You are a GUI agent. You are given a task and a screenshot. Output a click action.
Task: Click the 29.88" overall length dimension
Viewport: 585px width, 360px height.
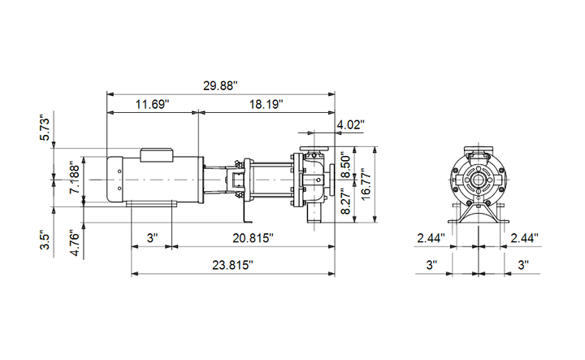(220, 85)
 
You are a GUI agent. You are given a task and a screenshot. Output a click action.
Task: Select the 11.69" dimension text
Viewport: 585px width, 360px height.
(152, 104)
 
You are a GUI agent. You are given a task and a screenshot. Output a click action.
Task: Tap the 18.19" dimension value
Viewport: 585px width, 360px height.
(266, 104)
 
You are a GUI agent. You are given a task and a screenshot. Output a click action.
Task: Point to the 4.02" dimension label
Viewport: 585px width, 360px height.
(351, 124)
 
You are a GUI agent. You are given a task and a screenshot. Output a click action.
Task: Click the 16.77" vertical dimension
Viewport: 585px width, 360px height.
(366, 184)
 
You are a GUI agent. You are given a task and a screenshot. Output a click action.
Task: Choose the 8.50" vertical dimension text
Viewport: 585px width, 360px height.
(346, 165)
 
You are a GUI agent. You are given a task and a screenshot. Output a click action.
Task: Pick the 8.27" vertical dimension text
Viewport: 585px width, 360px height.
(346, 202)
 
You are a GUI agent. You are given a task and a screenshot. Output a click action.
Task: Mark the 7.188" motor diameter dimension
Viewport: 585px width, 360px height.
(75, 177)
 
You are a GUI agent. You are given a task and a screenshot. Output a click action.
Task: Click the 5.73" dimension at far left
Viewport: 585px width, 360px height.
(45, 128)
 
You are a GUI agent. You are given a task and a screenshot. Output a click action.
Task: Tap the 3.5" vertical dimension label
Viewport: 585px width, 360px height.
(45, 241)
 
